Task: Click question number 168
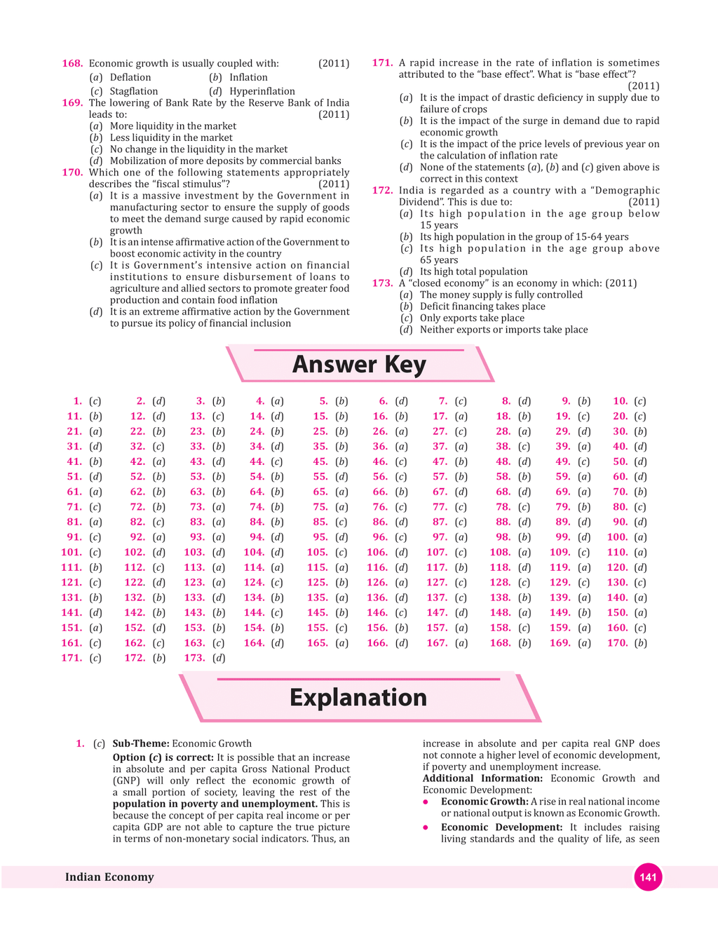72,63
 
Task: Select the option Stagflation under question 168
133,91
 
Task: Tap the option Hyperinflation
262,91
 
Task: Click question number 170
72,173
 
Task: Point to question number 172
382,190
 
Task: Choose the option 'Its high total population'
473,271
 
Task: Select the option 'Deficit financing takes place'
482,306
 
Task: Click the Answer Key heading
359,365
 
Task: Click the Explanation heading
358,697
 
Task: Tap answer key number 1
77,401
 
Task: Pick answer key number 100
617,537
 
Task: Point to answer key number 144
254,612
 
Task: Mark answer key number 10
620,401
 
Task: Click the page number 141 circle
648,877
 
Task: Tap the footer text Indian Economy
109,877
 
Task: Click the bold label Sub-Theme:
140,743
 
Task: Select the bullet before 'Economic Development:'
426,828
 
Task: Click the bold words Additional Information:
482,778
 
